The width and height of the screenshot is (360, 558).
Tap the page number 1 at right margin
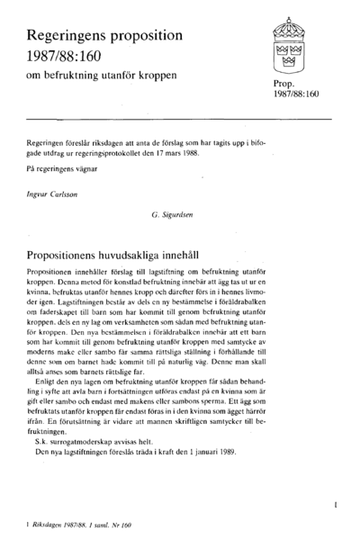coord(334,506)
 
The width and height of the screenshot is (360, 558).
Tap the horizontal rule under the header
coord(180,117)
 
